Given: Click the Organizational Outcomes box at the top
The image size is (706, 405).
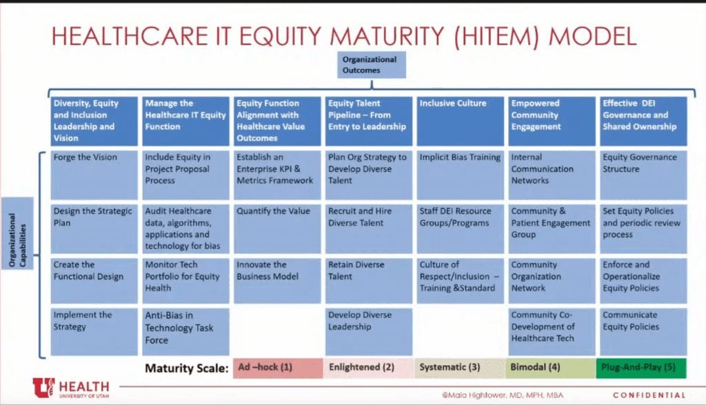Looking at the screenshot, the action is [372, 65].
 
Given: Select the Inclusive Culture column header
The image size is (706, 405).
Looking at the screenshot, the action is [460, 121].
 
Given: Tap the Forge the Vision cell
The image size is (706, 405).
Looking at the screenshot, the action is [94, 175].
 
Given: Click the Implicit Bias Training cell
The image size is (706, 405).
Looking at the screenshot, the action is [460, 175].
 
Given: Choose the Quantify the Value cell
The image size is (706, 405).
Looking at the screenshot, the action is [277, 229].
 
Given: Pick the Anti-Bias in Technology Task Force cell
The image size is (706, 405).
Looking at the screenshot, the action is [185, 332].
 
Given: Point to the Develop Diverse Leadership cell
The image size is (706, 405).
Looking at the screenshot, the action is [369, 332].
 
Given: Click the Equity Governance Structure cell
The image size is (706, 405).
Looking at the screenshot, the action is [643, 175].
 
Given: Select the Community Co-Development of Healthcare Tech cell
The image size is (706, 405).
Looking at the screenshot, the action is [552, 332].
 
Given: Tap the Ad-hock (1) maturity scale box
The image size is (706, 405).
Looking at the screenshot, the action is [278, 368].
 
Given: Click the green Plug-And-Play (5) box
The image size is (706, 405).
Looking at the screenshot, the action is [641, 368].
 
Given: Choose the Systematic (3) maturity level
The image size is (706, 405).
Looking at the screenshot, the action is [460, 368].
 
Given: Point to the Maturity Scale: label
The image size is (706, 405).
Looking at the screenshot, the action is [186, 368].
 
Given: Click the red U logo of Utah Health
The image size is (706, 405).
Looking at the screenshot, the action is [43, 388].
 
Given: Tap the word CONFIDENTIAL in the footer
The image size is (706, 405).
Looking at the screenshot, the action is [649, 395].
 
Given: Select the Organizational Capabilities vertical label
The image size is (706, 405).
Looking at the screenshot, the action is [17, 233].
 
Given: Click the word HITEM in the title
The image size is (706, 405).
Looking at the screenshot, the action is [496, 37].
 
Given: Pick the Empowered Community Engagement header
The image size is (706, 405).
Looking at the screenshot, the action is [552, 121].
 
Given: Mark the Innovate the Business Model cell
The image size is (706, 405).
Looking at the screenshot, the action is [277, 281].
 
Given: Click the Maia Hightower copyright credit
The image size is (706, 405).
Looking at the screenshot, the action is [503, 395].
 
